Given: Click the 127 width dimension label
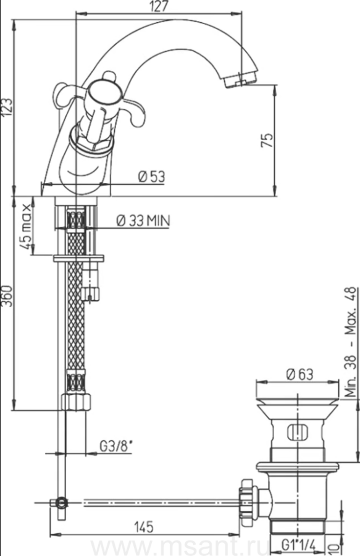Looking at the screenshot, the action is [x=159, y=6].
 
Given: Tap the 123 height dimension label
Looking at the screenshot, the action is [x=7, y=107].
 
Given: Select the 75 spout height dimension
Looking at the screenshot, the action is [x=267, y=140].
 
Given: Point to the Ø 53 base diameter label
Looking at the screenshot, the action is [x=152, y=176].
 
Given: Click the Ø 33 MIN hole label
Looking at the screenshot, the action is [x=143, y=221].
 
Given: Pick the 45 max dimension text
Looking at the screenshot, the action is [x=26, y=227].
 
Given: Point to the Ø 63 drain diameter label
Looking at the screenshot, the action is [x=300, y=374].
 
